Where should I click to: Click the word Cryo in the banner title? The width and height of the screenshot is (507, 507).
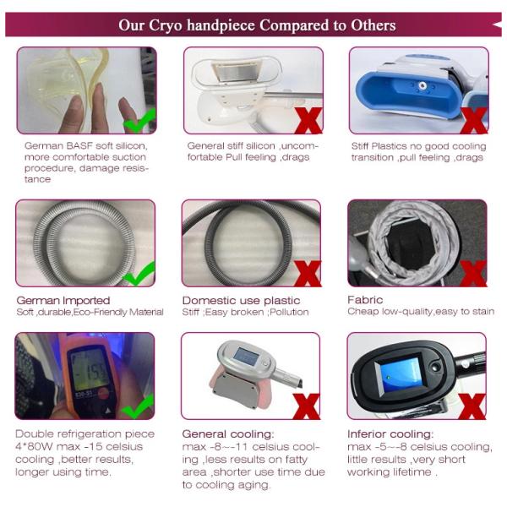coord(166,25)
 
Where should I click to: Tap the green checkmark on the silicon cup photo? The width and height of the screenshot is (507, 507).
coord(140,121)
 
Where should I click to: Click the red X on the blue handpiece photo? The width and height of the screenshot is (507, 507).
coord(474,121)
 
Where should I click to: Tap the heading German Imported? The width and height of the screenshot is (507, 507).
coord(63,301)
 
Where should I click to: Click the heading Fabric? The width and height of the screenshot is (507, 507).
coord(365,300)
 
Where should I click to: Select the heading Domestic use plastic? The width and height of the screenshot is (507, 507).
coord(241,301)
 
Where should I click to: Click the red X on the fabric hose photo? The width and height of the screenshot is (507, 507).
coord(473,274)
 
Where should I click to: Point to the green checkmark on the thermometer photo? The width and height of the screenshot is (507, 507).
coord(139,406)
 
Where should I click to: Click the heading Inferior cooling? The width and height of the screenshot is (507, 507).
coord(390,434)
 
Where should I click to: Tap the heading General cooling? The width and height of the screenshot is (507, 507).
coord(228,434)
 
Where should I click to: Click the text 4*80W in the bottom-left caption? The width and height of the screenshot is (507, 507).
coord(34,446)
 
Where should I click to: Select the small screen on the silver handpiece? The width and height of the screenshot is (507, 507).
coord(247,356)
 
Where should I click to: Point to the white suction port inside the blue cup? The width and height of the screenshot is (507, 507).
coord(422,85)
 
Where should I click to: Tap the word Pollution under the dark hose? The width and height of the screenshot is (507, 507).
coord(289,312)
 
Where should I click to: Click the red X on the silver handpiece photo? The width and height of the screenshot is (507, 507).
coord(307,406)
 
